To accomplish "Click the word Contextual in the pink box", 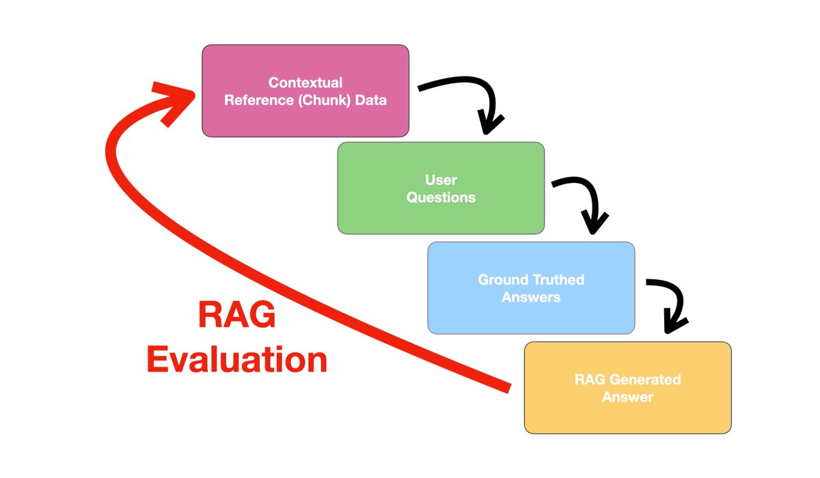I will pos(305,83).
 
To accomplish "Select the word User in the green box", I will pos(441,180).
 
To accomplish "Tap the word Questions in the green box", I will pos(441,198).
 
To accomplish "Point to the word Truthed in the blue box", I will pos(558,280).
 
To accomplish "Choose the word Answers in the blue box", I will pos(531,297).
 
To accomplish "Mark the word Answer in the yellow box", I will pos(627,397).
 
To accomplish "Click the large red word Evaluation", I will pos(236,360).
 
